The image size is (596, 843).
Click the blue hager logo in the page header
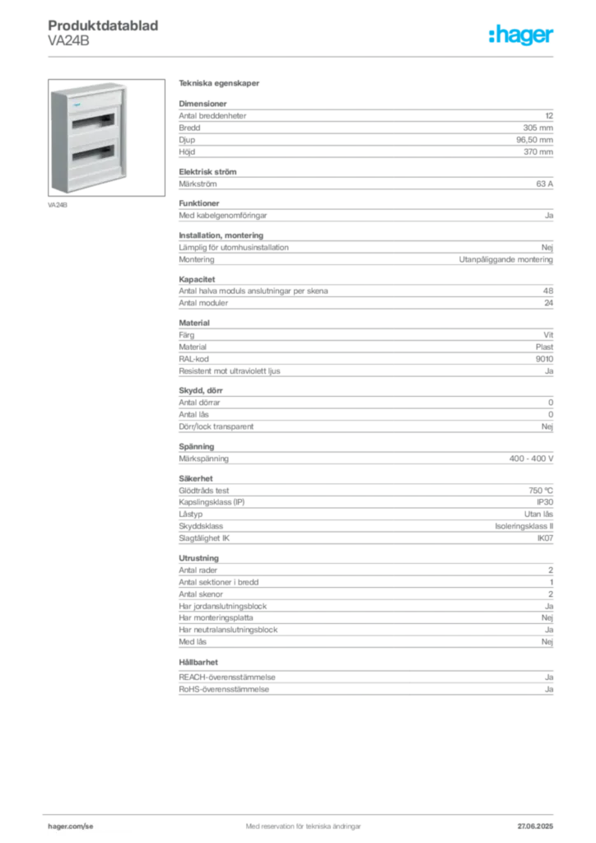(x=523, y=35)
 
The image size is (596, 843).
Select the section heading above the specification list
(x=221, y=85)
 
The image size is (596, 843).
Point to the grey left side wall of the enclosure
(x=54, y=140)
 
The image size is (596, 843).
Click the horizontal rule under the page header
(x=302, y=56)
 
